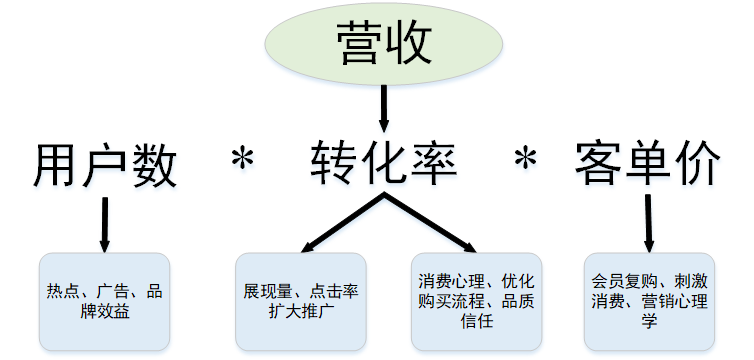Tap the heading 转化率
coord(384,163)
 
